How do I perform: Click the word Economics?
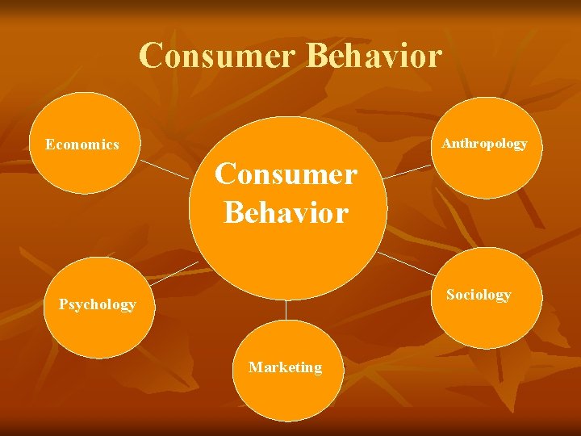82,145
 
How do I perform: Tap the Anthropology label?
484,144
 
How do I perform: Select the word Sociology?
479,295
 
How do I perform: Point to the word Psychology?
97,304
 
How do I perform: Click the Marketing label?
285,367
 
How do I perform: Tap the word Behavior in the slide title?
375,56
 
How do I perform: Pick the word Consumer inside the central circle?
286,174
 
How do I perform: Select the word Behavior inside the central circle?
286,213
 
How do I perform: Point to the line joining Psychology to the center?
173,273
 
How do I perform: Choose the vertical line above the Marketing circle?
286,310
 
